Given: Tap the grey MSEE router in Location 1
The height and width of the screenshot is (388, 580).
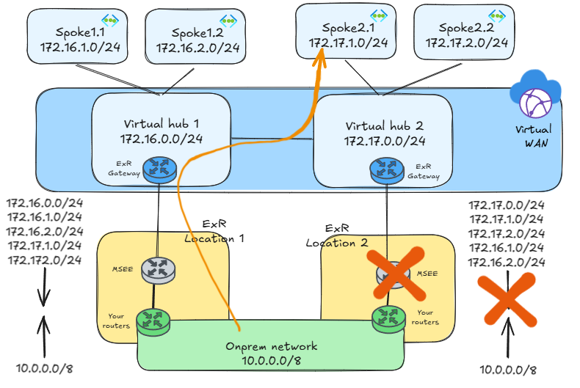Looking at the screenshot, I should [x=159, y=269].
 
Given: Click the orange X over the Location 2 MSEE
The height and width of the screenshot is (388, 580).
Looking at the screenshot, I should [x=396, y=274].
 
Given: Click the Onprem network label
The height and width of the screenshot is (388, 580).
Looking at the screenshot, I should [x=271, y=353].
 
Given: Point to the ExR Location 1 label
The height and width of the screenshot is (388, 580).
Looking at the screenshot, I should [x=214, y=231].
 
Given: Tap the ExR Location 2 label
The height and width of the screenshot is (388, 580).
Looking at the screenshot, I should [x=336, y=235].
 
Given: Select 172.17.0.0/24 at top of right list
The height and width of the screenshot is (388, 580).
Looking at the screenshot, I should [x=507, y=205].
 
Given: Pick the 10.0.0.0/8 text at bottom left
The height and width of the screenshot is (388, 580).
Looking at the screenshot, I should [x=44, y=369].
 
